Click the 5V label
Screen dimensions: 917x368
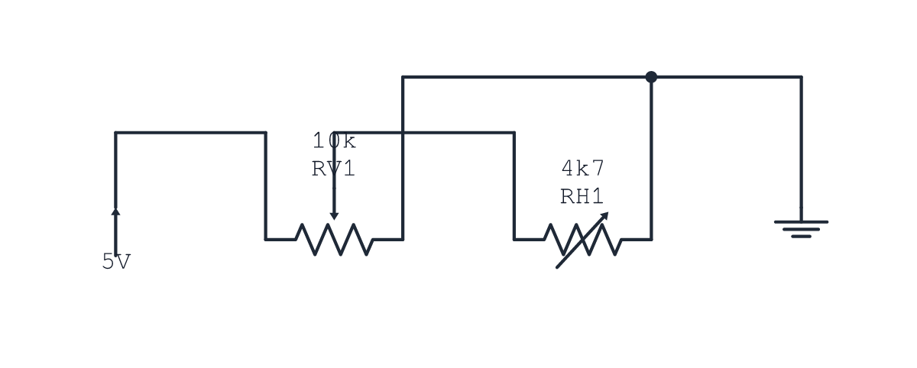(x=116, y=261)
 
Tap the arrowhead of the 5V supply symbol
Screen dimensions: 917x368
(x=116, y=211)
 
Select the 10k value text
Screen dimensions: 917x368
(x=334, y=140)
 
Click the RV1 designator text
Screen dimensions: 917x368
(x=333, y=169)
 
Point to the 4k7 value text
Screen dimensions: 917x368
(x=583, y=168)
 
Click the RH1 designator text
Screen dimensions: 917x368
(x=582, y=196)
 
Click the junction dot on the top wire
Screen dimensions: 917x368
(x=651, y=77)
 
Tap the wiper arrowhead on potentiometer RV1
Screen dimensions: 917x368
(x=334, y=216)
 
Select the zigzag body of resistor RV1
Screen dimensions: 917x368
(x=334, y=240)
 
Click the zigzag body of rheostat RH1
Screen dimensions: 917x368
(x=582, y=240)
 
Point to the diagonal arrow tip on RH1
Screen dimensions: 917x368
(x=608, y=213)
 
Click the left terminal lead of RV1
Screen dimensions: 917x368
(x=280, y=240)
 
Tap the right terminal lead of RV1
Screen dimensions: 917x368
(x=387, y=240)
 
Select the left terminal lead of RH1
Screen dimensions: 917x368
(x=530, y=240)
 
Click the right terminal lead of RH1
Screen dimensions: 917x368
(x=636, y=240)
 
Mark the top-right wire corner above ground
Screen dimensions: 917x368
(x=801, y=77)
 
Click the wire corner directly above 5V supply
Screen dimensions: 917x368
(x=116, y=133)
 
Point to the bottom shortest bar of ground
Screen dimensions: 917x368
(x=801, y=237)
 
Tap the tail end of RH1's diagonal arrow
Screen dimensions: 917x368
(x=557, y=268)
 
